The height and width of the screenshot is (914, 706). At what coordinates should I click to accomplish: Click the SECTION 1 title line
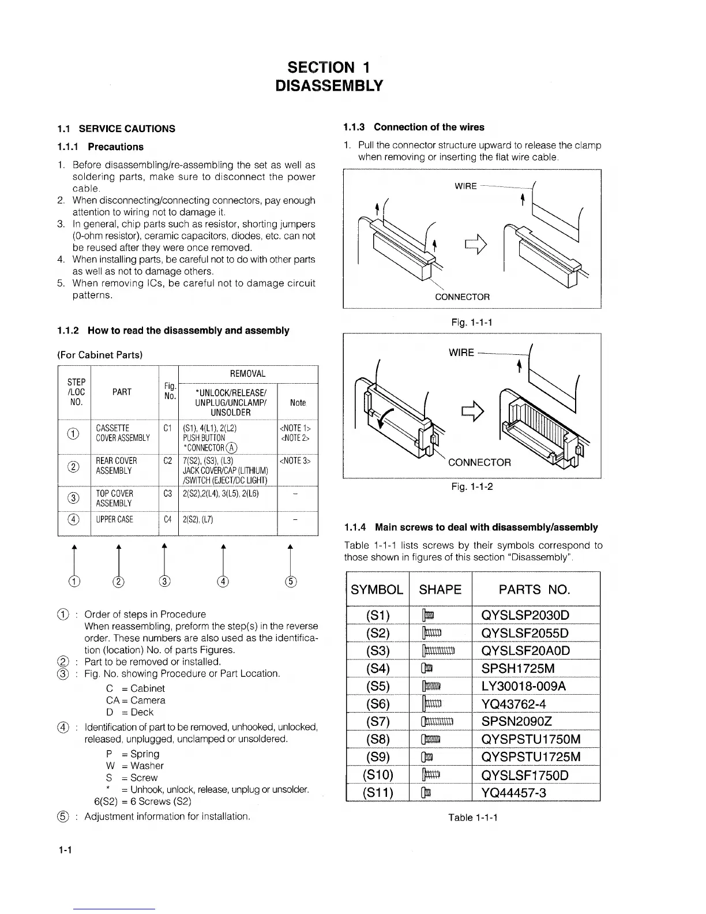pos(329,68)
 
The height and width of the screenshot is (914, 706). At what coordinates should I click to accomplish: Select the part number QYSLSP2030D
pos(524,615)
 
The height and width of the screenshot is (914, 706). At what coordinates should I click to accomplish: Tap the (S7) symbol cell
pos(378,722)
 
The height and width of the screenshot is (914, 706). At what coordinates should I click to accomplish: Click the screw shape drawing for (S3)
pos(439,651)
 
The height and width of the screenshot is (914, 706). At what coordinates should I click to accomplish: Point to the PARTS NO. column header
pos(534,589)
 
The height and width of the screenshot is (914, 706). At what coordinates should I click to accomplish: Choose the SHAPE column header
pos(440,589)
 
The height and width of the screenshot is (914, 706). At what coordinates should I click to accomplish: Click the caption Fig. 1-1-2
pos(472,486)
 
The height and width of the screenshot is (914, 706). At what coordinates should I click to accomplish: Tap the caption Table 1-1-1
pos(473,818)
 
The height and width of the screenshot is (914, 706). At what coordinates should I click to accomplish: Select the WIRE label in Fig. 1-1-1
pos(465,186)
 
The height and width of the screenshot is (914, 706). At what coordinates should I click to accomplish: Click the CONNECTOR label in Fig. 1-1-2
pos(479,462)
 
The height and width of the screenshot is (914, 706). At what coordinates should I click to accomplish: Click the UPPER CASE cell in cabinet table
pos(114,519)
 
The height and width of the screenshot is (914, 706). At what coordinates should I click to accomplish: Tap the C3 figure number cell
pos(168,494)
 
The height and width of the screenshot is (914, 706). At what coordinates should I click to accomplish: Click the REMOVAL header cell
pos(247,374)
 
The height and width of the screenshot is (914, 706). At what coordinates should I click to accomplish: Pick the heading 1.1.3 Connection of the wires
pos(414,127)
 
